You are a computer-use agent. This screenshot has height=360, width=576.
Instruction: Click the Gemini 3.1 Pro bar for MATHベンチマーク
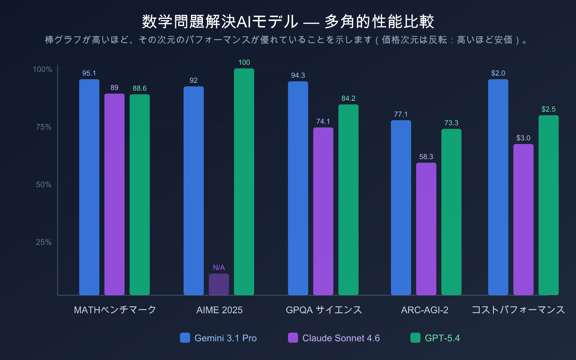(x=89, y=187)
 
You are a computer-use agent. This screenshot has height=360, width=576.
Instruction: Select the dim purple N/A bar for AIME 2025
(x=219, y=284)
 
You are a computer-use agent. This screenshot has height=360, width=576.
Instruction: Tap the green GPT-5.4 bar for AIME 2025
(x=244, y=182)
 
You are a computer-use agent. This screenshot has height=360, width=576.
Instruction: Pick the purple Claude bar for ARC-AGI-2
(x=426, y=229)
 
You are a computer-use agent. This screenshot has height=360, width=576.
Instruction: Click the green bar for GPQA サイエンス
(x=348, y=200)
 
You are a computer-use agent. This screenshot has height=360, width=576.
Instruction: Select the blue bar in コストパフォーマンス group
(x=498, y=187)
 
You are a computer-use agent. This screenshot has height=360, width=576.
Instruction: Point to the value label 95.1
(x=89, y=73)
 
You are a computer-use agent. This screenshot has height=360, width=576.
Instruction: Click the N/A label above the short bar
(x=219, y=267)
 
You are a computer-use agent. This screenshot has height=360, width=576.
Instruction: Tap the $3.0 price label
(x=523, y=138)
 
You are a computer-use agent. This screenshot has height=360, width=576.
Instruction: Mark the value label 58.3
(x=426, y=157)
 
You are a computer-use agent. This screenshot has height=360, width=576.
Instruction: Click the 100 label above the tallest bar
(x=244, y=62)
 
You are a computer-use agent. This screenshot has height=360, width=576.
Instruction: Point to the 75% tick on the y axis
(x=44, y=127)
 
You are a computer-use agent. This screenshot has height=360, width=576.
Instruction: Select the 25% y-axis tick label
(x=44, y=242)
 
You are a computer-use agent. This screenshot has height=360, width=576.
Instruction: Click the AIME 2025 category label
(x=219, y=310)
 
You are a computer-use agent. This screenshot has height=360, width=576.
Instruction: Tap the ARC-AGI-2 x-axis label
(x=424, y=310)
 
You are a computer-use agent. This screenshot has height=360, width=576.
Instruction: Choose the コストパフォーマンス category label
(x=518, y=310)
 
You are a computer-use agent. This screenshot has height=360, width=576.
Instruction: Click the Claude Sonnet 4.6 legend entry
(x=341, y=338)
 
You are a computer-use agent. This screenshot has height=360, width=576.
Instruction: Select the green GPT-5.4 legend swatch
(x=415, y=338)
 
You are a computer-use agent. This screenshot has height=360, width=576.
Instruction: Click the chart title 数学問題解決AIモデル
(x=288, y=22)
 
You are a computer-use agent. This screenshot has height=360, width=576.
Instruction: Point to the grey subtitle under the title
(x=288, y=40)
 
